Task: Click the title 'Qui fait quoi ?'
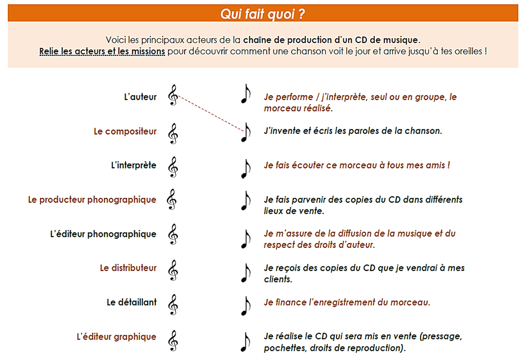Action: coord(263,14)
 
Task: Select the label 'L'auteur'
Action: coord(140,97)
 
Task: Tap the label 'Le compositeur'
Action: coord(125,132)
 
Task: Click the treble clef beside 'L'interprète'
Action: coord(173,167)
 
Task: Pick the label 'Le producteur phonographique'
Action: coord(92,200)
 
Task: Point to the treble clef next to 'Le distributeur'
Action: coord(173,270)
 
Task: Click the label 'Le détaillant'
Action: coord(132,302)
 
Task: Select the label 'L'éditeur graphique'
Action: coord(116,337)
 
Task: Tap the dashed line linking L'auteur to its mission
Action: coord(210,113)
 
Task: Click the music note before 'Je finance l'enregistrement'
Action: coord(246,306)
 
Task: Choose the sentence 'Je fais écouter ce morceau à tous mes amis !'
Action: coord(357,165)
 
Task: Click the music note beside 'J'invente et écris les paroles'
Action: coord(246,132)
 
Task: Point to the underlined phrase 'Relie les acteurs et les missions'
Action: coord(102,51)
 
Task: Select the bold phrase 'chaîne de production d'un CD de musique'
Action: coord(330,40)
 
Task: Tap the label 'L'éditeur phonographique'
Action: coord(103,234)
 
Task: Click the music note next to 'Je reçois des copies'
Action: coord(246,273)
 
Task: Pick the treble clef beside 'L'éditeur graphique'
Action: coord(173,341)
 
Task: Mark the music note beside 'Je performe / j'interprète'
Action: coord(246,94)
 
